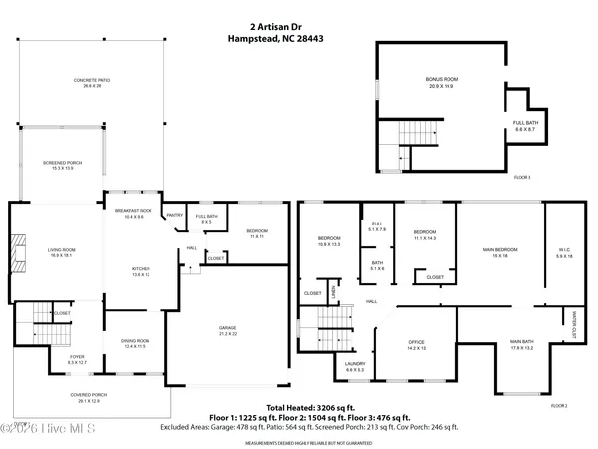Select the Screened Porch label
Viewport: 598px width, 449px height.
(62, 163)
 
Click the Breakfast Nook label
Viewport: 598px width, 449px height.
(133, 213)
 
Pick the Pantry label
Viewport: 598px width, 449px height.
(174, 214)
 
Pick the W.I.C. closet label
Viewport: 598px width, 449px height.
(564, 253)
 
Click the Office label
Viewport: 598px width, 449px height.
(416, 345)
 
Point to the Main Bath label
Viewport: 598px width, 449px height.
(522, 345)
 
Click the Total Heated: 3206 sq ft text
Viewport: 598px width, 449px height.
(299, 400)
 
